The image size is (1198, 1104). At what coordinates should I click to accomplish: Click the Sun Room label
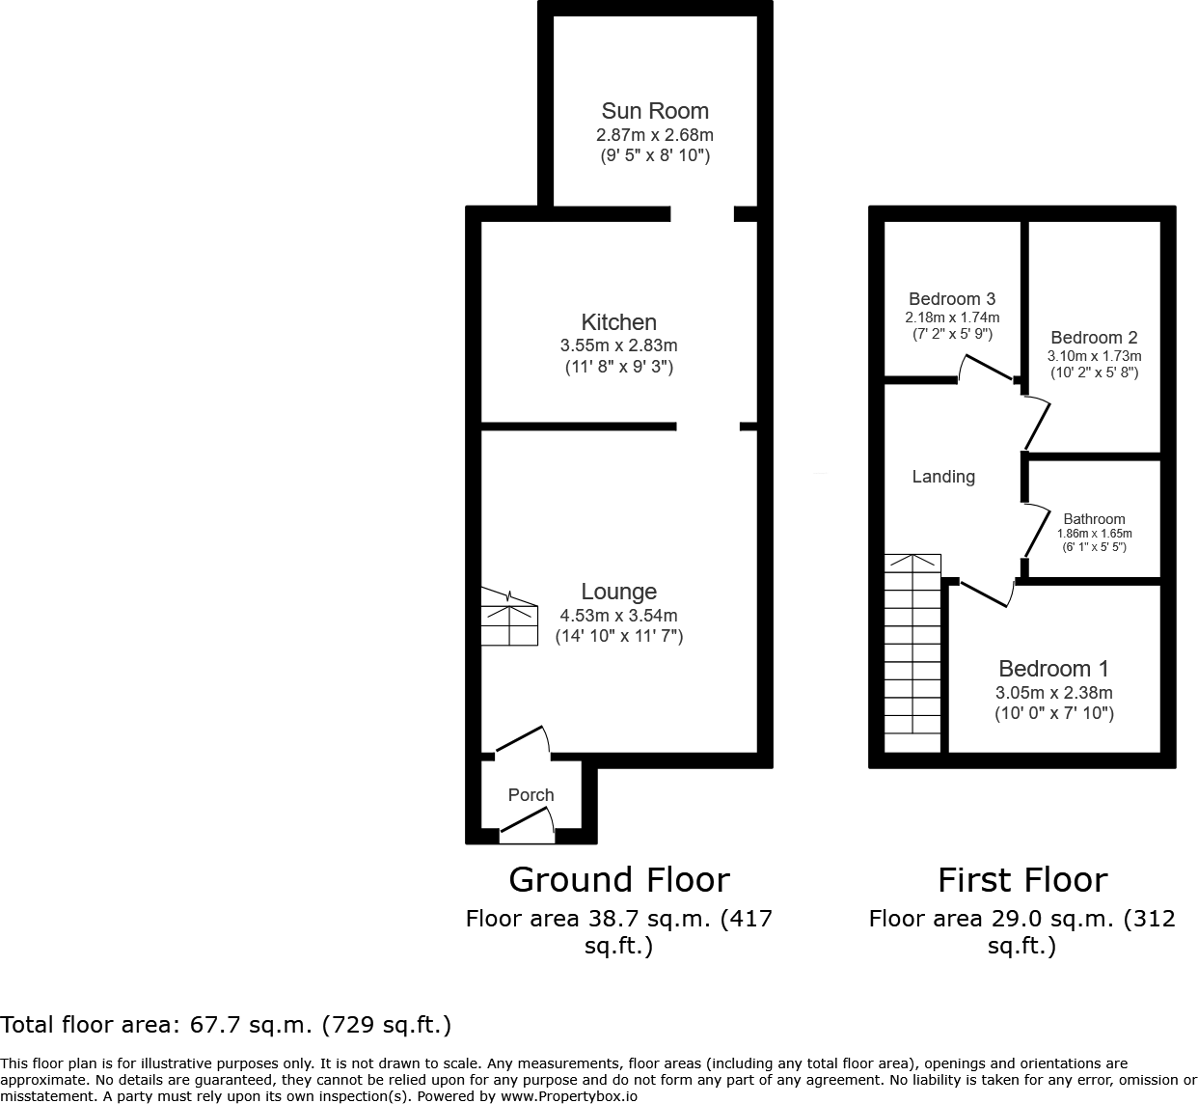point(655,111)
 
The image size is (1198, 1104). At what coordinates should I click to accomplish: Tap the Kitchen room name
point(618,322)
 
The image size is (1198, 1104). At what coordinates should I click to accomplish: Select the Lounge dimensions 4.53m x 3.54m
point(618,615)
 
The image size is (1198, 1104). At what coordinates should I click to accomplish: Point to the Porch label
point(531,795)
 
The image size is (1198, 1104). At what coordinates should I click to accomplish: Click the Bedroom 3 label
point(952,299)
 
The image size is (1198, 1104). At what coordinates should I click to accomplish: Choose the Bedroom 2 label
point(1094,338)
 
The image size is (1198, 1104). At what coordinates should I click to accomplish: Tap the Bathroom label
point(1094,519)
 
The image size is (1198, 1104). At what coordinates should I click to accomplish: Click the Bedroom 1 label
point(1053,669)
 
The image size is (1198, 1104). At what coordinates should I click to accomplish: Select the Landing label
point(943,477)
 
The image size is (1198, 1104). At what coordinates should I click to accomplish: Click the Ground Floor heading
point(618,880)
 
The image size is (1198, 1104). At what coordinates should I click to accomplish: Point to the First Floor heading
point(1022,880)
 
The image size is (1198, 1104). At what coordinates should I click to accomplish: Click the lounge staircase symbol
point(509,618)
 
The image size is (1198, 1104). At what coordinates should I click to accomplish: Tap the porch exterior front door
point(528,822)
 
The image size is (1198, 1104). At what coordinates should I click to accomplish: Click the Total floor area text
point(226,1024)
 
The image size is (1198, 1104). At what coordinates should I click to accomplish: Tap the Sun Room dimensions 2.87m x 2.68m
point(655,135)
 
